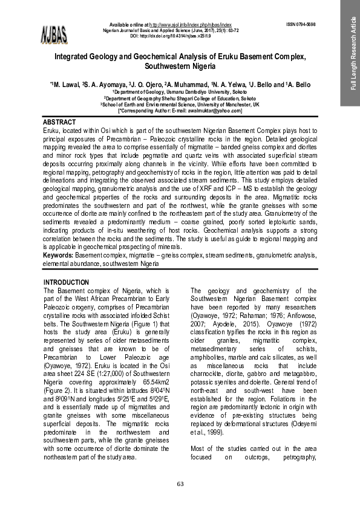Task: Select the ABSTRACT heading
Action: click(x=59, y=122)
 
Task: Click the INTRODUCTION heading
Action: click(x=67, y=282)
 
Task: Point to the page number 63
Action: click(x=180, y=484)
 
